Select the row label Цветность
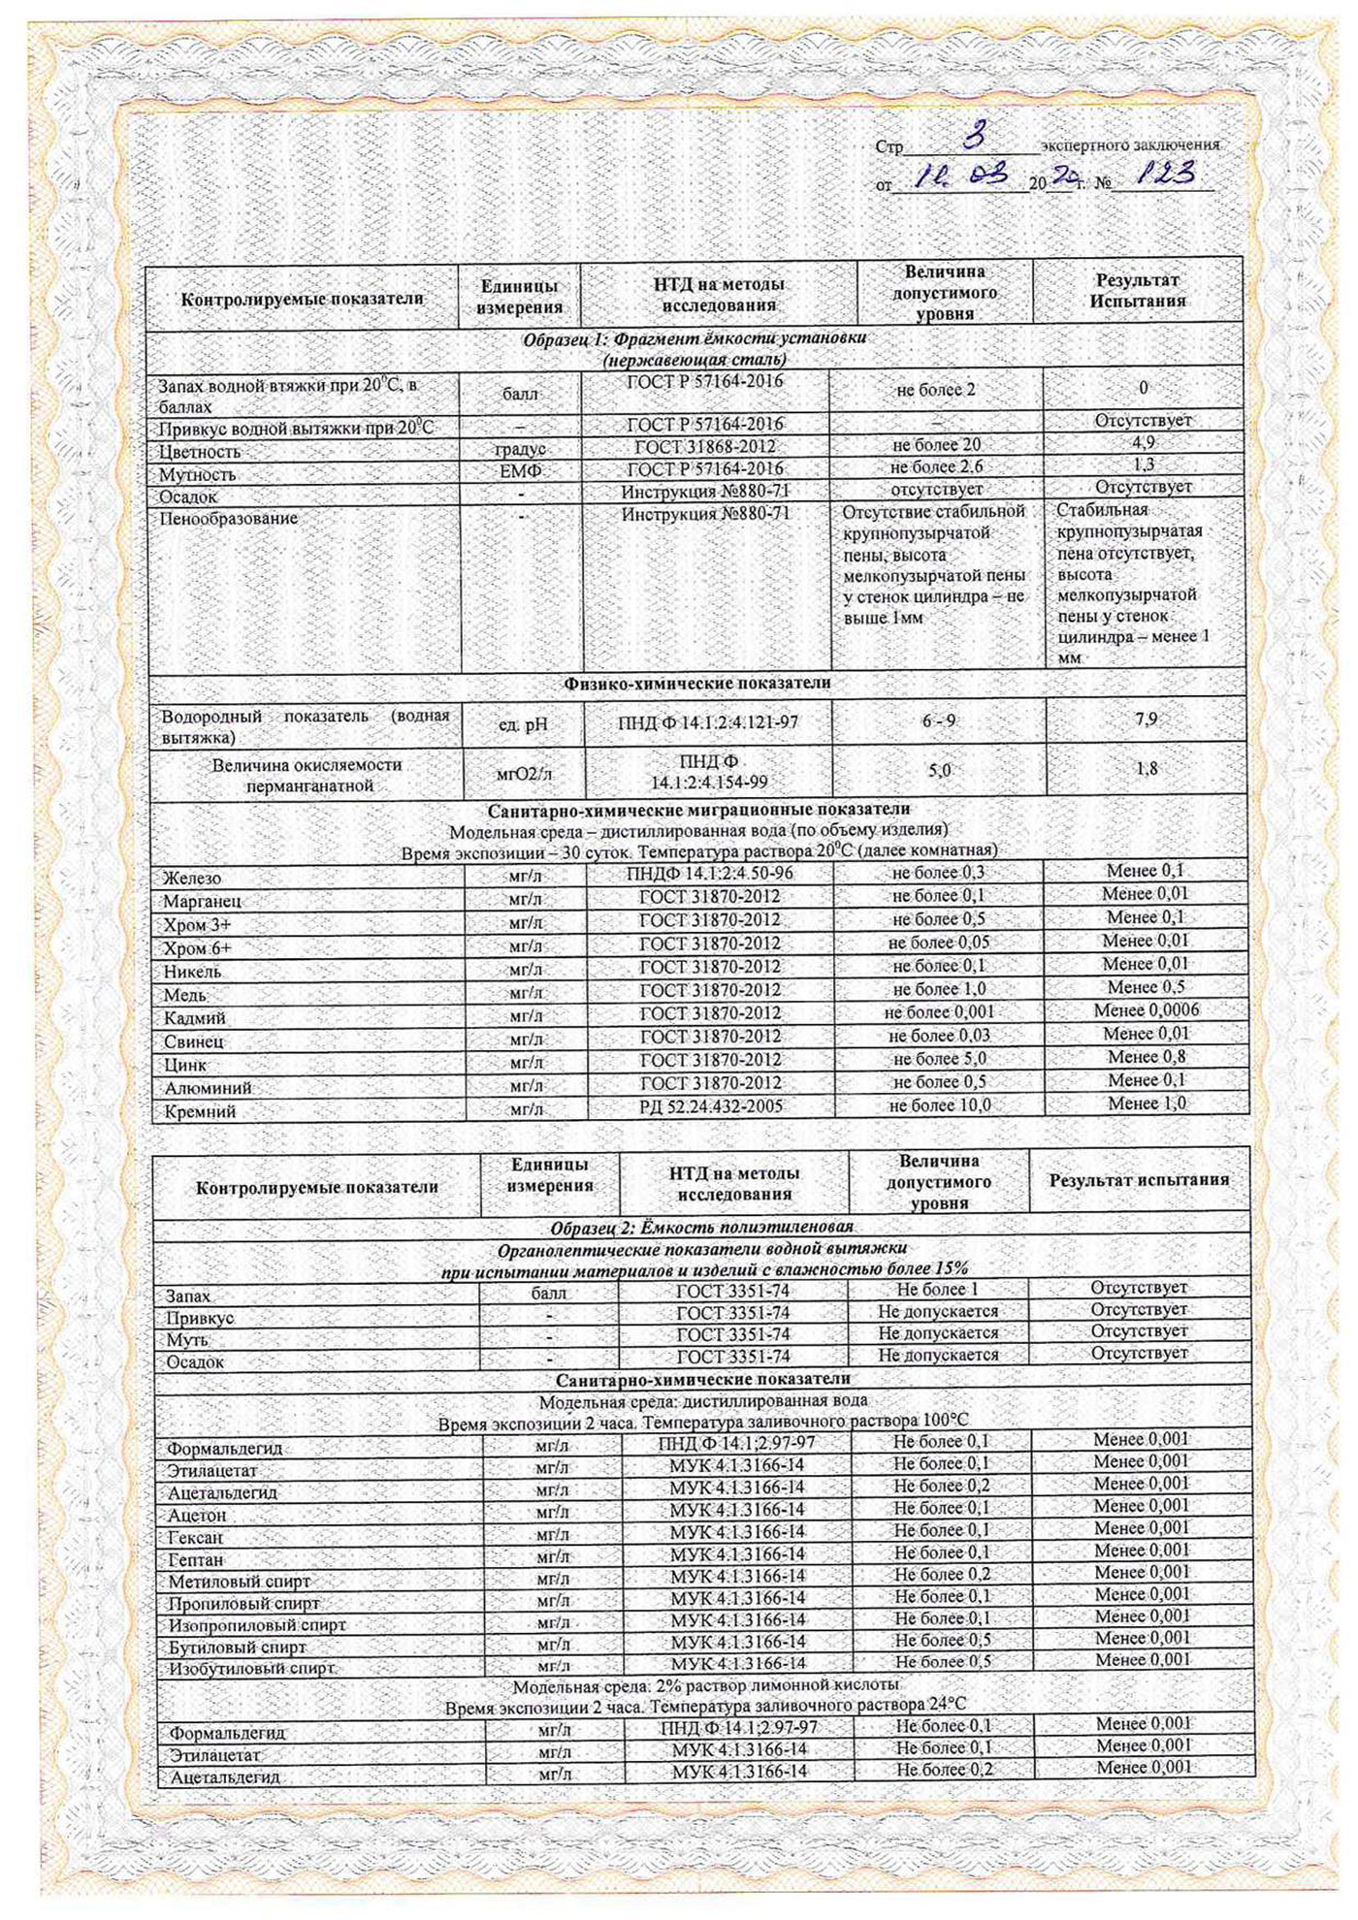tap(200, 452)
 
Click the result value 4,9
tap(1144, 442)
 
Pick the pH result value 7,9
tap(1146, 720)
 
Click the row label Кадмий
tap(194, 1018)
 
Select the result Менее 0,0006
tap(1146, 1010)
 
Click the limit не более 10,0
tap(939, 1105)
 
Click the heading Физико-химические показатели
tap(697, 683)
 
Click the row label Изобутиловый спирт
tap(251, 1669)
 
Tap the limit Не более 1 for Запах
tap(937, 1290)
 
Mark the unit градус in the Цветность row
tap(521, 450)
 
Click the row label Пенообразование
tap(228, 519)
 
